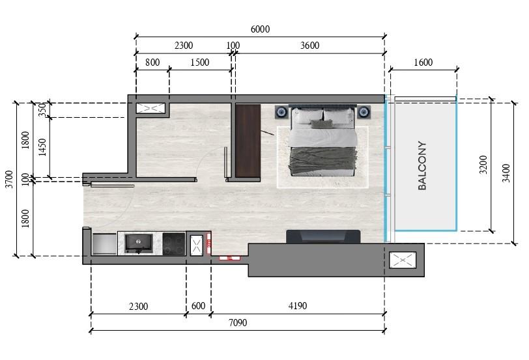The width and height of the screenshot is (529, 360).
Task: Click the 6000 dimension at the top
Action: [x=259, y=29]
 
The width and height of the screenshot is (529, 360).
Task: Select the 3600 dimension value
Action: [x=309, y=46]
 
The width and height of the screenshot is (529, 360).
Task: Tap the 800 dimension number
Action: [x=152, y=62]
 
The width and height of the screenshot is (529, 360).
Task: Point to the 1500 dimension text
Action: [x=200, y=62]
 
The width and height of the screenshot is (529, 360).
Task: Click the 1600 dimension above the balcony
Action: [x=423, y=62]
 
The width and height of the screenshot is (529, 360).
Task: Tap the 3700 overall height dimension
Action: [x=8, y=178]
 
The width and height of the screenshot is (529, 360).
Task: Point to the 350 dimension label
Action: [x=43, y=110]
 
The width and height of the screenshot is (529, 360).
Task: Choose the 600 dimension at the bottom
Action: [x=198, y=306]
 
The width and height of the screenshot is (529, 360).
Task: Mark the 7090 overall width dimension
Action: [x=237, y=323]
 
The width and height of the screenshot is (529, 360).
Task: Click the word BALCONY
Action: [x=422, y=166]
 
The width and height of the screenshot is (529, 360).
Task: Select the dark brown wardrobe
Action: [x=248, y=140]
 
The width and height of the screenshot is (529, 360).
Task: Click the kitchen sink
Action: [x=139, y=243]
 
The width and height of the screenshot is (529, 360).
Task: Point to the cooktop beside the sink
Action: [x=174, y=243]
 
